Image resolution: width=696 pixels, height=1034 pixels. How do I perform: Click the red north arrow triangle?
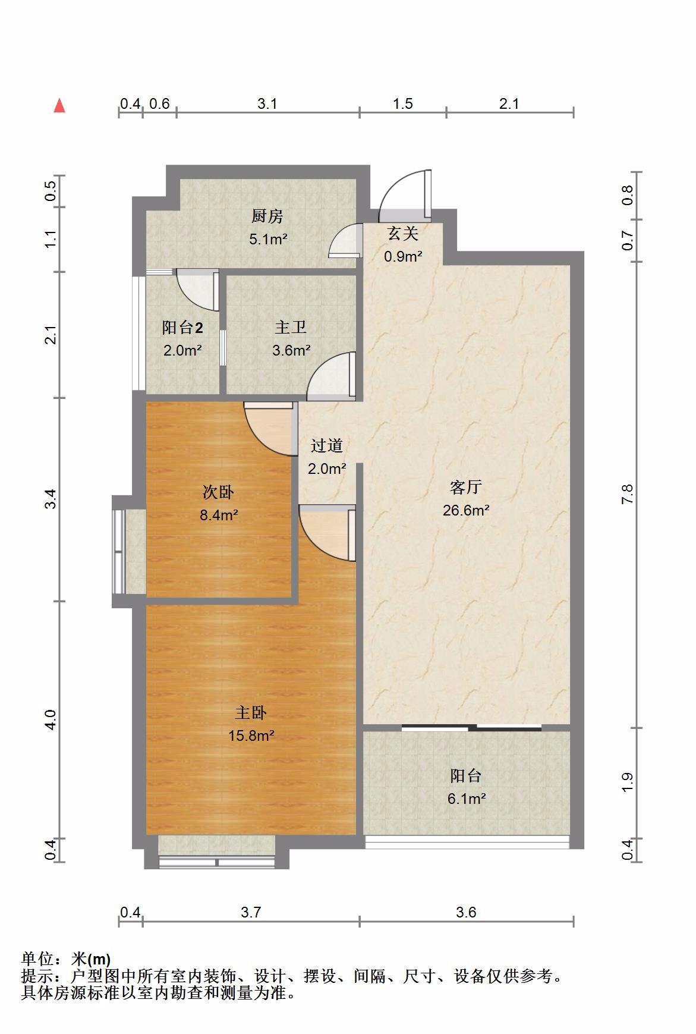[x=59, y=106]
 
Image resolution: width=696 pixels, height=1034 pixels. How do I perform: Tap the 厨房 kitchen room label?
[x=267, y=216]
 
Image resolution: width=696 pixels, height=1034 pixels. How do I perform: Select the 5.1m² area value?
[x=268, y=239]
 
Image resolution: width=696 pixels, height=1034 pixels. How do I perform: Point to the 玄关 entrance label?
[x=403, y=233]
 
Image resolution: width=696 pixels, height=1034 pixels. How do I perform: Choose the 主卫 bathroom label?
[x=291, y=327]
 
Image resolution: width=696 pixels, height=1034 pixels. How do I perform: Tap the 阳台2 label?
[x=182, y=328]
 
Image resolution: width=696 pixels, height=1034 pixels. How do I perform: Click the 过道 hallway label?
[x=327, y=445]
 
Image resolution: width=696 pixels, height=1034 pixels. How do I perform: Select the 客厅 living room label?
[x=465, y=488]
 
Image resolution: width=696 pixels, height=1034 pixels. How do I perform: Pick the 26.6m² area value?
[x=466, y=510]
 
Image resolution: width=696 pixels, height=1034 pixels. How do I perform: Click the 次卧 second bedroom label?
[x=218, y=492]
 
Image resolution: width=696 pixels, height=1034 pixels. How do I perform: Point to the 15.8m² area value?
[x=251, y=736]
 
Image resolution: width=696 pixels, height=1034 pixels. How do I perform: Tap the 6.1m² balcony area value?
[x=467, y=799]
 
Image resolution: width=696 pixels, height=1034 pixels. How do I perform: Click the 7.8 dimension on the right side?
[x=628, y=494]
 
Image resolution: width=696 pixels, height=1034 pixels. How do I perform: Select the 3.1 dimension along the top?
[x=267, y=103]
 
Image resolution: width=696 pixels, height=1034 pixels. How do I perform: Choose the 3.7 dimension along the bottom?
[x=251, y=912]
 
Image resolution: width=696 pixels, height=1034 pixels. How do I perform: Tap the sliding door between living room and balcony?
[x=471, y=727]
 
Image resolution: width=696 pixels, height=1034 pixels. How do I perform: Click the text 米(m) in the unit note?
[x=91, y=959]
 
